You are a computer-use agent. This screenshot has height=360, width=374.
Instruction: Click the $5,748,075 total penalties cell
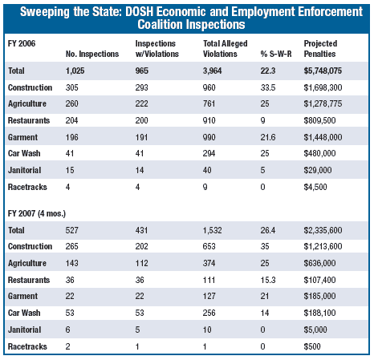[x=324, y=71]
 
